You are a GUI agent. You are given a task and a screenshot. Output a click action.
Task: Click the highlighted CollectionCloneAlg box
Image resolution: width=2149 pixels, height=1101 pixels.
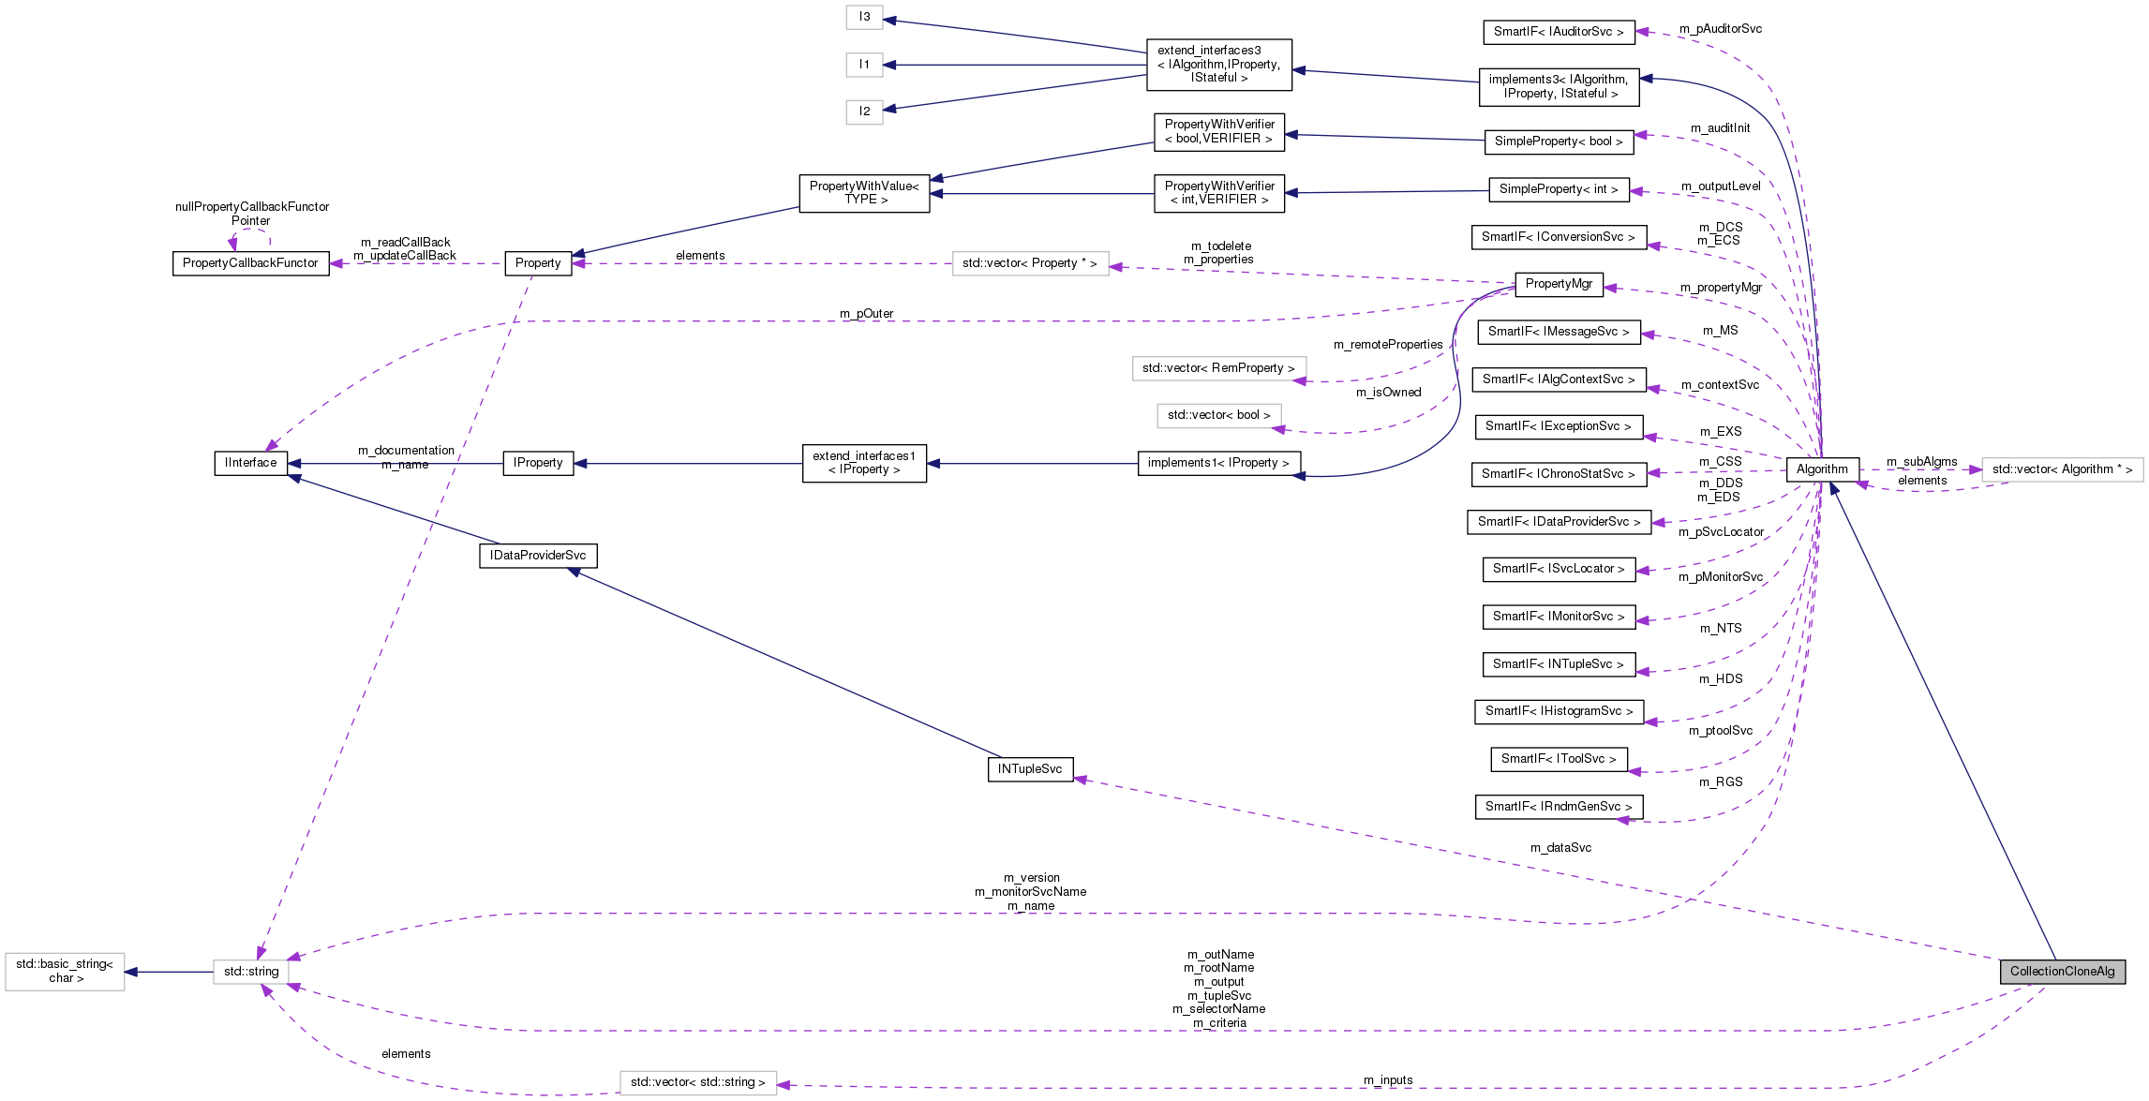click(2061, 972)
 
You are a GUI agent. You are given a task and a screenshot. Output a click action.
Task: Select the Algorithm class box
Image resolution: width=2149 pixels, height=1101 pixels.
click(1822, 469)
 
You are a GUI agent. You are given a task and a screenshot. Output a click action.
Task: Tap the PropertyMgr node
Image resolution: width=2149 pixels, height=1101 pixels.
click(1559, 284)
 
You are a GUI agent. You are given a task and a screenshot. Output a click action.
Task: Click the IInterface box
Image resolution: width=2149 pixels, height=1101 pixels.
click(250, 463)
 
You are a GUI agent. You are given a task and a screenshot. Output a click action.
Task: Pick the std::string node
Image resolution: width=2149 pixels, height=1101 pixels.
click(250, 972)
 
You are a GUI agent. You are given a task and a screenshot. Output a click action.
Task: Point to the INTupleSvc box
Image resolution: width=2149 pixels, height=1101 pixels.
click(1029, 769)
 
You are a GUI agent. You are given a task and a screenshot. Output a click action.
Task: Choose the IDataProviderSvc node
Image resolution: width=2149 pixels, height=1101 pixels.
click(537, 556)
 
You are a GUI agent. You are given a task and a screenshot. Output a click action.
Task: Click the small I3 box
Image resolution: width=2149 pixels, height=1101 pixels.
click(863, 17)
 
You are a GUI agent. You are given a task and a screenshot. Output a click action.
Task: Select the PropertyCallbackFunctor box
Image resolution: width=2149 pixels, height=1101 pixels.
click(250, 263)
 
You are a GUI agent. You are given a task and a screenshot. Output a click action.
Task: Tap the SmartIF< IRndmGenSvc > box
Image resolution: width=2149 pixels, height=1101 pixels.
click(1558, 807)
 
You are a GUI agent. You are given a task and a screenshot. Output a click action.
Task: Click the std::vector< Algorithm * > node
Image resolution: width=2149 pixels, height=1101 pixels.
click(2061, 469)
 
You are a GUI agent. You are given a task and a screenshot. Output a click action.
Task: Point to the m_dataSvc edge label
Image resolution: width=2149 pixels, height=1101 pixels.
click(1560, 848)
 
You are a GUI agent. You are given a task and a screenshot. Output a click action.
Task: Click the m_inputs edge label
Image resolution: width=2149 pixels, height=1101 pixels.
click(1388, 1080)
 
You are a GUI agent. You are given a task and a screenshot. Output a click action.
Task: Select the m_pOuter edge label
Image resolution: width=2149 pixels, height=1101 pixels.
click(866, 314)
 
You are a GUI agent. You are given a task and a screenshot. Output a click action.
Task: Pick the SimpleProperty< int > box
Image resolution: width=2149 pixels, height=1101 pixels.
click(1558, 189)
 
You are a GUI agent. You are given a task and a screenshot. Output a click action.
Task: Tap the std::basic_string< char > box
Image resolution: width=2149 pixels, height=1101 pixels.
click(65, 972)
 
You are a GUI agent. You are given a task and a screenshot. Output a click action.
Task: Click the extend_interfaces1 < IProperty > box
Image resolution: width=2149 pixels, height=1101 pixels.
click(863, 463)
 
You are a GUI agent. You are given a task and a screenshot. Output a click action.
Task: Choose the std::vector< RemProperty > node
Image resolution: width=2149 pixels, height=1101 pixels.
click(1217, 368)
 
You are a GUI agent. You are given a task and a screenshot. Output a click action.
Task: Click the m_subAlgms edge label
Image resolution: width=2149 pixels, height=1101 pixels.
click(1921, 462)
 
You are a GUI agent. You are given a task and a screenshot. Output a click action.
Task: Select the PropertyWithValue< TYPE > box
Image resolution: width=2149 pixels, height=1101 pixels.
click(863, 193)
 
